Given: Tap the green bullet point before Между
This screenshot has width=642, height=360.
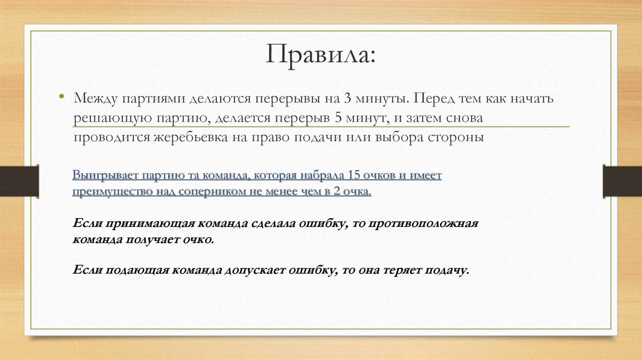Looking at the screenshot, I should [x=62, y=98].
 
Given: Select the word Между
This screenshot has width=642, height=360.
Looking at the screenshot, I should [x=95, y=99].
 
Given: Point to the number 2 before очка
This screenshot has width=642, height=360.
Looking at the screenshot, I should [x=337, y=191].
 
